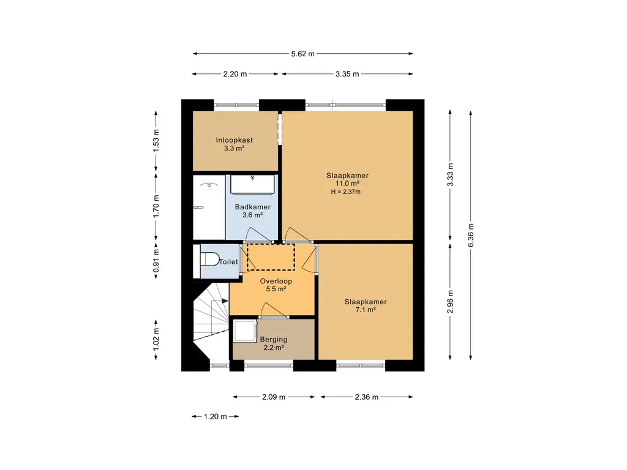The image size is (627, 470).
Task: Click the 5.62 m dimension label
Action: coord(302,54)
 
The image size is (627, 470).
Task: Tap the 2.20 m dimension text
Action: coord(235,74)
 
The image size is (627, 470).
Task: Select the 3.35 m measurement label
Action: coord(347,74)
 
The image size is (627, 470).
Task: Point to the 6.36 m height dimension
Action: coord(471,235)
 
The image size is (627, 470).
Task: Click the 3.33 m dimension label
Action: coord(450,175)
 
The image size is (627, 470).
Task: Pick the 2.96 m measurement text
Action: coord(450,302)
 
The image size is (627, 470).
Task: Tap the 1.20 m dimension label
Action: coord(215,417)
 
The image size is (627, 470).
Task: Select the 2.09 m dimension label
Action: coord(274,397)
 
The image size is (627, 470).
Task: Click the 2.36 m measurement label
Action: coord(366,397)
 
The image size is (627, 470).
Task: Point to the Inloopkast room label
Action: coord(235,140)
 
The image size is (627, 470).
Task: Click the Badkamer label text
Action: coord(253,207)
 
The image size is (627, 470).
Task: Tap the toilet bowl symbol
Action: coord(209,259)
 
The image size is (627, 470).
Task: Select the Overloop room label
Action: coord(276,281)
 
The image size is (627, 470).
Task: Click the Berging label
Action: coord(274,339)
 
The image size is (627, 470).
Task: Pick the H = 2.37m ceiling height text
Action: coord(345,192)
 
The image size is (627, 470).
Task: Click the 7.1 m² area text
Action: coord(366,310)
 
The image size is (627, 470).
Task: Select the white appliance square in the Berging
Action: coord(245,331)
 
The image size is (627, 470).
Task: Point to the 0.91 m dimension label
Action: coord(156,261)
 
